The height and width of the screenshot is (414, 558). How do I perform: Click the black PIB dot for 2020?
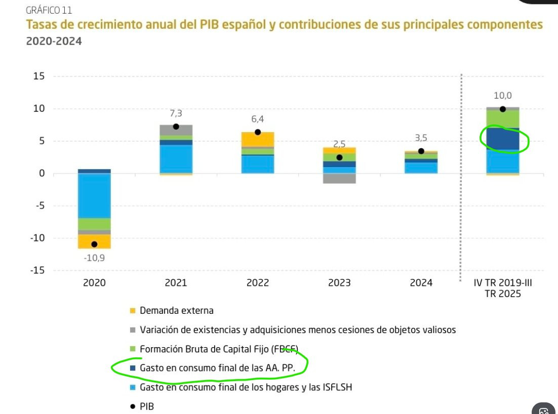coord(94,244)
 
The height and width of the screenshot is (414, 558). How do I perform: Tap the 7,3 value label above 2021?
coord(176,114)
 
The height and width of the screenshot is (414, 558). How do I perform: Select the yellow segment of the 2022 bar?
coord(258,139)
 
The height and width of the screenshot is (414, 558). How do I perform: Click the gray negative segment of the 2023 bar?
coord(339,178)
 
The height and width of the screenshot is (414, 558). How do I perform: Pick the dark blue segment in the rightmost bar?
coord(502,139)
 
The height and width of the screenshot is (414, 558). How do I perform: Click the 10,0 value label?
coord(502,96)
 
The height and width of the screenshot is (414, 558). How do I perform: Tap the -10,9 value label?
coord(94,258)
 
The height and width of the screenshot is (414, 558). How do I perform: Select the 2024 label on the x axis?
coord(421,283)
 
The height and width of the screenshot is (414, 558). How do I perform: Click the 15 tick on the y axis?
coord(39,76)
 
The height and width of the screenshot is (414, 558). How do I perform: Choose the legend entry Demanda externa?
coord(176,310)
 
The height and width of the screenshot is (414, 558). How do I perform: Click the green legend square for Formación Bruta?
coord(133,349)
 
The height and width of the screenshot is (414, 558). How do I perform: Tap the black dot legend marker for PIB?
coord(133,406)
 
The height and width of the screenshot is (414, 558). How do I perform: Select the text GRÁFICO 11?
coord(49,10)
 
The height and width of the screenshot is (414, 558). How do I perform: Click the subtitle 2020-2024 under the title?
coord(54,41)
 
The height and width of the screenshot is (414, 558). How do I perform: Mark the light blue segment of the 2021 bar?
coord(176,159)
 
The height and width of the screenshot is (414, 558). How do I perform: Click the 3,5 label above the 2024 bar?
coord(421,138)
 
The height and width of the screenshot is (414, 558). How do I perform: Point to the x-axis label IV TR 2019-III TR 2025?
coord(502,288)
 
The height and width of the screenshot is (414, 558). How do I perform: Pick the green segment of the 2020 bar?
coord(94,224)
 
